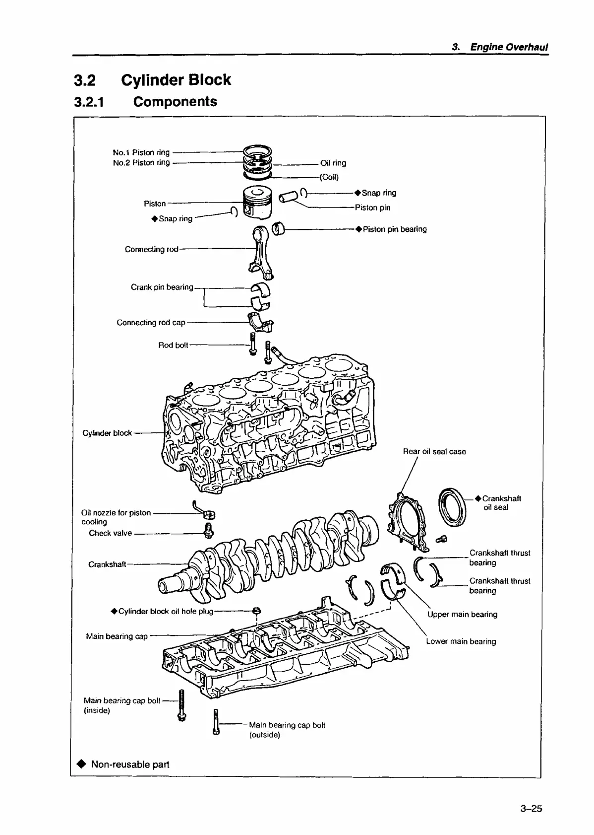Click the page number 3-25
tap(531, 809)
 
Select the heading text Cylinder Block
tap(176, 80)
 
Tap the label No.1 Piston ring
tap(141, 152)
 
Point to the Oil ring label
tap(333, 163)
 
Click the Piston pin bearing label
tap(394, 229)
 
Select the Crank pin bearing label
tap(162, 287)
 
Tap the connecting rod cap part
tap(261, 323)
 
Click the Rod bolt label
tap(173, 345)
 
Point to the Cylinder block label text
tap(107, 433)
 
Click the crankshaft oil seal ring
tap(453, 506)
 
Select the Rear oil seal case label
tap(434, 451)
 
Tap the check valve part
tap(209, 530)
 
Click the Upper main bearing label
tap(462, 614)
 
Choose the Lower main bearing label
tap(461, 641)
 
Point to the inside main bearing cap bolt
tap(181, 705)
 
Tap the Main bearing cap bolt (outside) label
tap(287, 730)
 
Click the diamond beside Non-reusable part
tap(81, 764)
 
